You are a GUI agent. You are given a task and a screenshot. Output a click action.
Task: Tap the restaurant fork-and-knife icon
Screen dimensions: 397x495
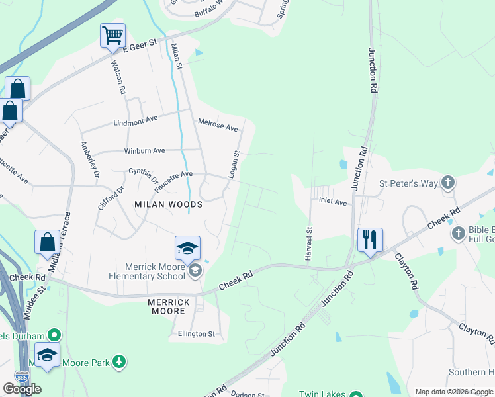[369, 239]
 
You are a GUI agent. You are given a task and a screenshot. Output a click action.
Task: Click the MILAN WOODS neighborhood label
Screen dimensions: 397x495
[169, 204]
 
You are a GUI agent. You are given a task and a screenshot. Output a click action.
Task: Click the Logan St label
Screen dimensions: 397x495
[233, 163]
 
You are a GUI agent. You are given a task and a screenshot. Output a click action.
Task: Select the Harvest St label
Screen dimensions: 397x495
[308, 244]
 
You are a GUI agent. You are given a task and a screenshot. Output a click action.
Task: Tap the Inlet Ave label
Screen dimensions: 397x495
[333, 201]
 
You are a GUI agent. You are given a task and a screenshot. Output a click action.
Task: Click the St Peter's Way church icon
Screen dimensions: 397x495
[448, 183]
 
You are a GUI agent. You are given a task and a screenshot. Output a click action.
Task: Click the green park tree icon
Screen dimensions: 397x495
[119, 361]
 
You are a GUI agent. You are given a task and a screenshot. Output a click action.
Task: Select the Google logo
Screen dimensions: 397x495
[22, 389]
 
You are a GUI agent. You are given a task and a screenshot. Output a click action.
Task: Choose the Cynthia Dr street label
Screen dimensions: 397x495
[144, 175]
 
